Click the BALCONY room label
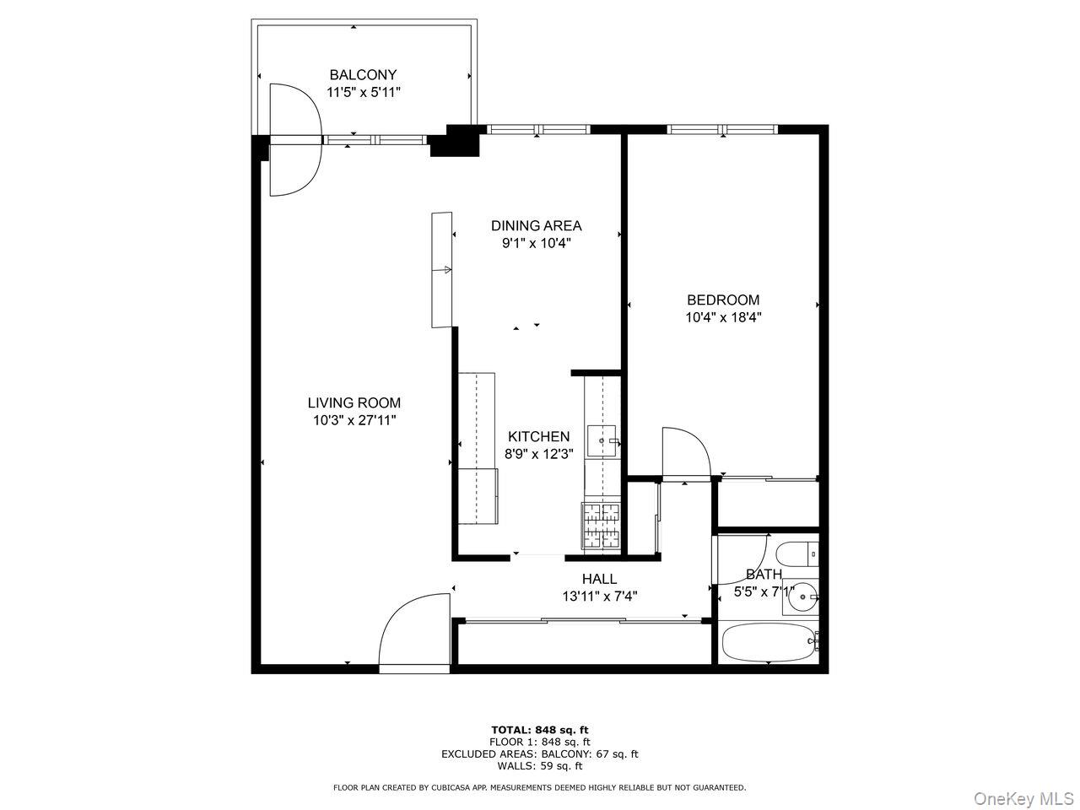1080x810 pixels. (363, 74)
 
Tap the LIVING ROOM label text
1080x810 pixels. (354, 403)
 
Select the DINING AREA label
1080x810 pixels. (537, 225)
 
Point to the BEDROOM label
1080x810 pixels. (723, 300)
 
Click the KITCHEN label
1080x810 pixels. (538, 436)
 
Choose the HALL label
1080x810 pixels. (599, 579)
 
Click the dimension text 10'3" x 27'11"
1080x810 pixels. (354, 420)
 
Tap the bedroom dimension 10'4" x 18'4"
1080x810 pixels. (723, 317)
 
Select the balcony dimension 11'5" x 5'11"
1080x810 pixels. (363, 92)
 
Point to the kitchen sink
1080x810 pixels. (603, 441)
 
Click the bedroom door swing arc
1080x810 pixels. (685, 451)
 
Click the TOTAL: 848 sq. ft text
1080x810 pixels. (539, 730)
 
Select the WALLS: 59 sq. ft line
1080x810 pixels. (539, 766)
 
